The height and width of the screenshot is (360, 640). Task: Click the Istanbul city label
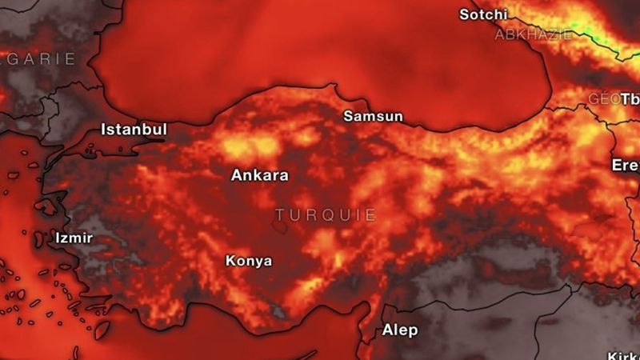[134, 130]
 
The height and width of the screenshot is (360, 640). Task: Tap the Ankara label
[260, 175]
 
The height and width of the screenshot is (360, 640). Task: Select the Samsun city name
[373, 117]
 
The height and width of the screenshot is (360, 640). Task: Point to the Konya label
[248, 261]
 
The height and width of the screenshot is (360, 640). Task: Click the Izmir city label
[74, 238]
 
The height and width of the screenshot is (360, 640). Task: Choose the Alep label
[399, 330]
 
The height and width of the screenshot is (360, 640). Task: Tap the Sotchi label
[483, 14]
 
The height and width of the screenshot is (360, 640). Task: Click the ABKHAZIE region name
[534, 34]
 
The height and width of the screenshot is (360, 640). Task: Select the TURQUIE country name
[326, 215]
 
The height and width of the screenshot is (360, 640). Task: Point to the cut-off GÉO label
[604, 98]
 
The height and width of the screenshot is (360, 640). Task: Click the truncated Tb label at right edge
[631, 99]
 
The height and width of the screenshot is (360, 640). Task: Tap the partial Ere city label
[626, 166]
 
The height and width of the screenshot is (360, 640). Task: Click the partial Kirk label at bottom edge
[623, 355]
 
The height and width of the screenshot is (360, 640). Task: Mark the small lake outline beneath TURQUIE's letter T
[280, 227]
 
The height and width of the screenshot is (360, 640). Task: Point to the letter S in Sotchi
[465, 14]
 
